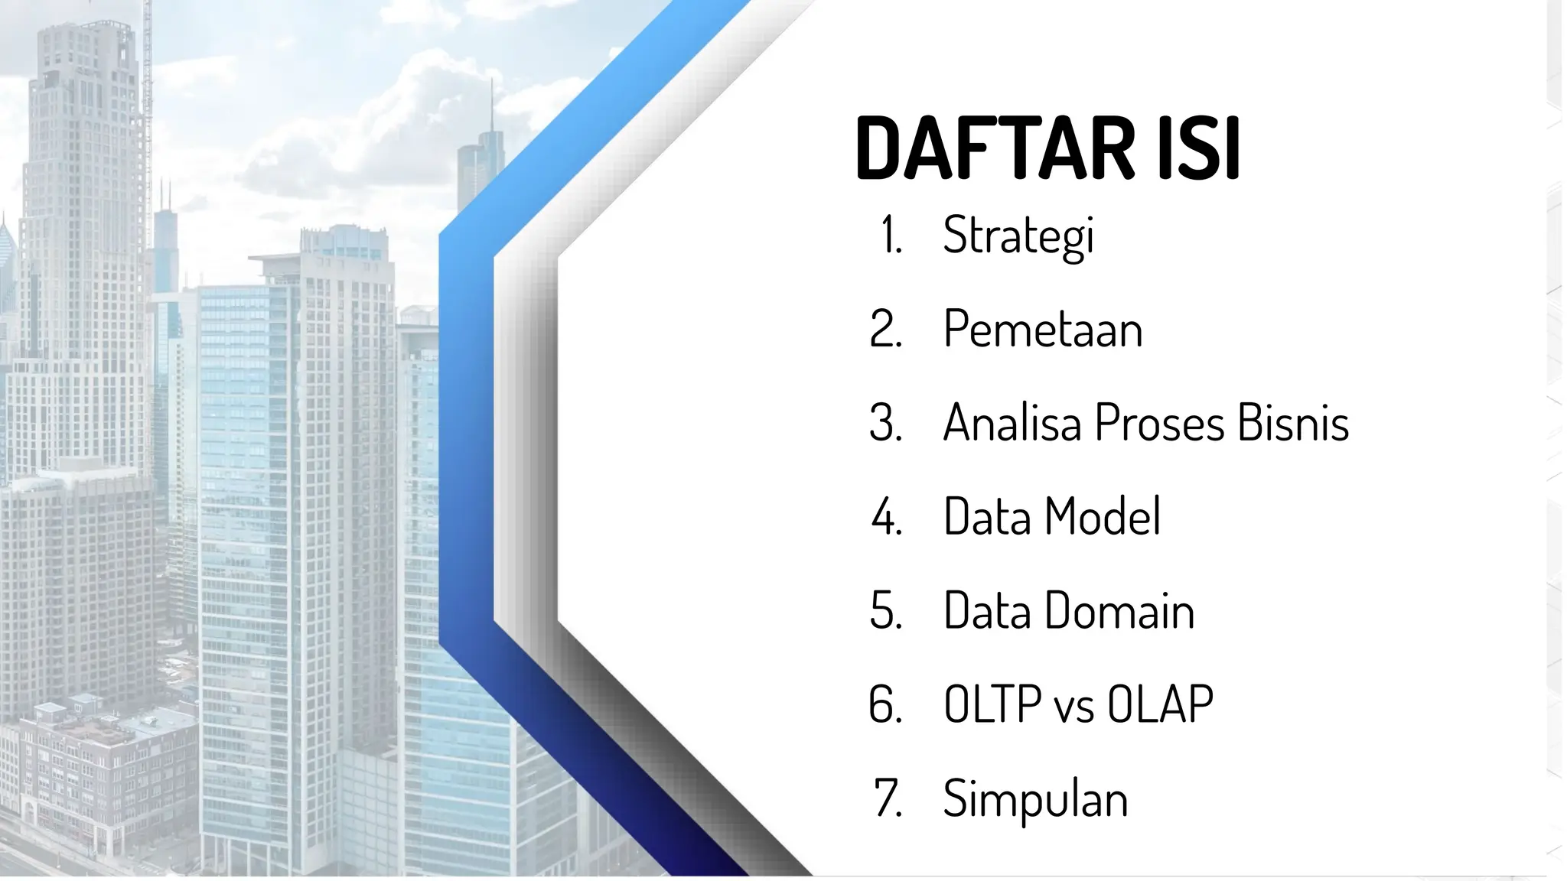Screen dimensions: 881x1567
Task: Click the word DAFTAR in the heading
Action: point(995,149)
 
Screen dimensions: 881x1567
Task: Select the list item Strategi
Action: point(1018,236)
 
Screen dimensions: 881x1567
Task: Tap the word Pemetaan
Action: point(1043,329)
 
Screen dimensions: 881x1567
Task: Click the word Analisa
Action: point(1013,423)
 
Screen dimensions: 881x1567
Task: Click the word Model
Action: point(1102,516)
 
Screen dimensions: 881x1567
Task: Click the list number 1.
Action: point(890,236)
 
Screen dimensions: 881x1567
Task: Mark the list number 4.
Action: point(886,518)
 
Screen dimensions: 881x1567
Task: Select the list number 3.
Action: point(886,423)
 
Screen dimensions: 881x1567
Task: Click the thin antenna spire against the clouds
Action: point(491,107)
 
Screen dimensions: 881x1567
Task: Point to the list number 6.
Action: point(886,705)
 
